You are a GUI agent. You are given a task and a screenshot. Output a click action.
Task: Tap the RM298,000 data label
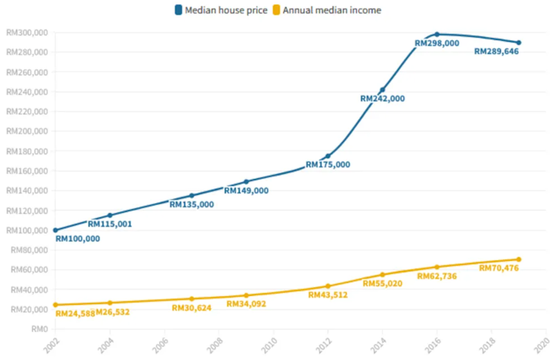(437, 44)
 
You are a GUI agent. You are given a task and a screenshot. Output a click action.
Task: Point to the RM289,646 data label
(497, 52)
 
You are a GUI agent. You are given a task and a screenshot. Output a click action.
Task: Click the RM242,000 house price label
(382, 99)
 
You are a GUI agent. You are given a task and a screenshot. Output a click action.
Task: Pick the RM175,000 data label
(328, 165)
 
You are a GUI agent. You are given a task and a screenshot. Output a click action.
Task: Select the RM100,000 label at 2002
(77, 239)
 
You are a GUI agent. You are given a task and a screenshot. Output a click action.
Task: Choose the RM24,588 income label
(74, 313)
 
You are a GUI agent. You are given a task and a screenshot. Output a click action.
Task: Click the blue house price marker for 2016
(437, 34)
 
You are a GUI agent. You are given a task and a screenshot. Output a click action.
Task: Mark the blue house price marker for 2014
(383, 90)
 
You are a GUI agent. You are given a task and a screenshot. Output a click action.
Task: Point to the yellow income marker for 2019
(519, 259)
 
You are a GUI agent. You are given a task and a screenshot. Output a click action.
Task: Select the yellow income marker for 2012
(328, 286)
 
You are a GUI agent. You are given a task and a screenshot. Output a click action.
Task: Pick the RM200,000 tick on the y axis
(27, 131)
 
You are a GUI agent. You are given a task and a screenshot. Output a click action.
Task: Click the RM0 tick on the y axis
(38, 329)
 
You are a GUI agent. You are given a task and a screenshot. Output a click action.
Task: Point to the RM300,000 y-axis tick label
(27, 32)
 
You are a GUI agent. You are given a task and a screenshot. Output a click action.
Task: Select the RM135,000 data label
(192, 204)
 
